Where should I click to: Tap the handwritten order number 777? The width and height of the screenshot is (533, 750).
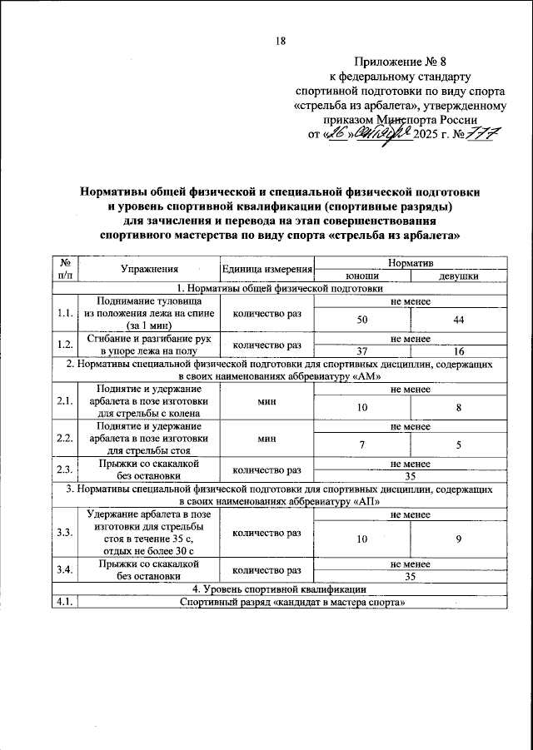point(477,135)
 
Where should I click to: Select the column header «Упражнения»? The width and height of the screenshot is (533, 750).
point(148,268)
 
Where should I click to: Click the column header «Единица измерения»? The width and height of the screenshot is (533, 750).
point(266,268)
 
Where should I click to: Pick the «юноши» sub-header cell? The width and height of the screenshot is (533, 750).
point(362,275)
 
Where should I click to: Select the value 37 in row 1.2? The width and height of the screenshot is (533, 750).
point(362,351)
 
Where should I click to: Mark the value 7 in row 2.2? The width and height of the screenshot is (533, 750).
point(362,445)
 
